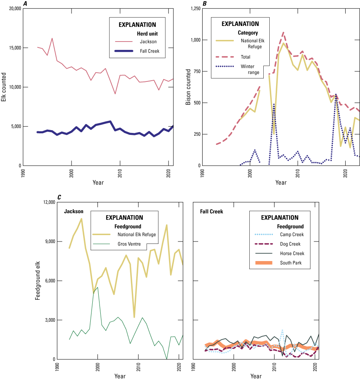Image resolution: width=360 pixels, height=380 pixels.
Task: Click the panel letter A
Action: point(25,4)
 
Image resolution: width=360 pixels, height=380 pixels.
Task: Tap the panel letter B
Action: point(205,4)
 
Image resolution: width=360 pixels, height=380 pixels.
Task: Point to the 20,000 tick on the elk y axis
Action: point(14,8)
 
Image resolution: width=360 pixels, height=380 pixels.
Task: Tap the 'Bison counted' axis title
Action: point(189,87)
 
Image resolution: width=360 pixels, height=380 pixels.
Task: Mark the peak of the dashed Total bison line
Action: point(283,32)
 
